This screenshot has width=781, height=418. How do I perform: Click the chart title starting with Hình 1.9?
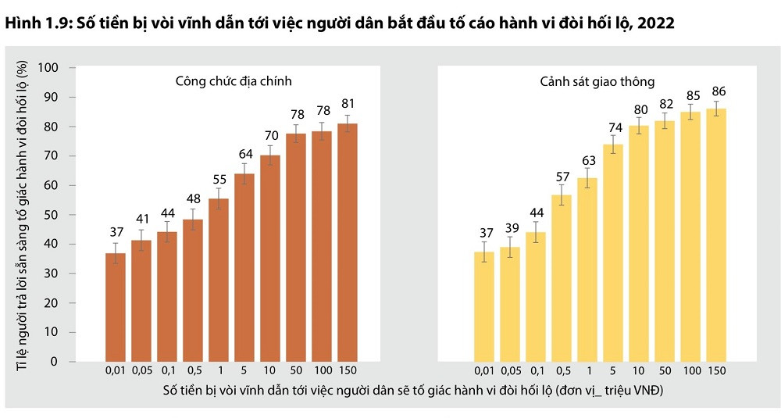(340, 23)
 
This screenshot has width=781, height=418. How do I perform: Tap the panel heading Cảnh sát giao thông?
(597, 80)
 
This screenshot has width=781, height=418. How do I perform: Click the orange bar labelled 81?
(348, 242)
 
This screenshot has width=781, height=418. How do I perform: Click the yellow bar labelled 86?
(716, 234)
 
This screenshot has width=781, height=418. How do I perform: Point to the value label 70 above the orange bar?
(270, 135)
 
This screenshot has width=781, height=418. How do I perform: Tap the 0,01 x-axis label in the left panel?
(116, 372)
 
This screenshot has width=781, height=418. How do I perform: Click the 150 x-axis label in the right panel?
(716, 372)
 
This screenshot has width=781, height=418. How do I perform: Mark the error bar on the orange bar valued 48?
(193, 219)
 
